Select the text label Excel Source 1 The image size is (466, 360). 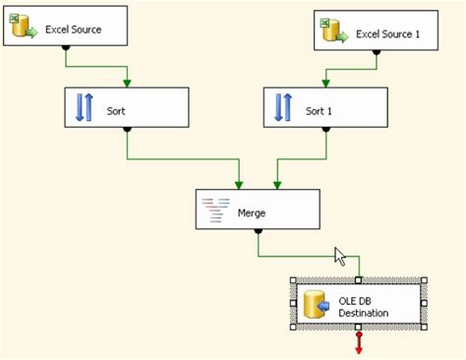(387, 34)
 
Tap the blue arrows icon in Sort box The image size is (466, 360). (84, 108)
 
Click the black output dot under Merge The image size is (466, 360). (258, 232)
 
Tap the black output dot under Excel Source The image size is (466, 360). (66, 49)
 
